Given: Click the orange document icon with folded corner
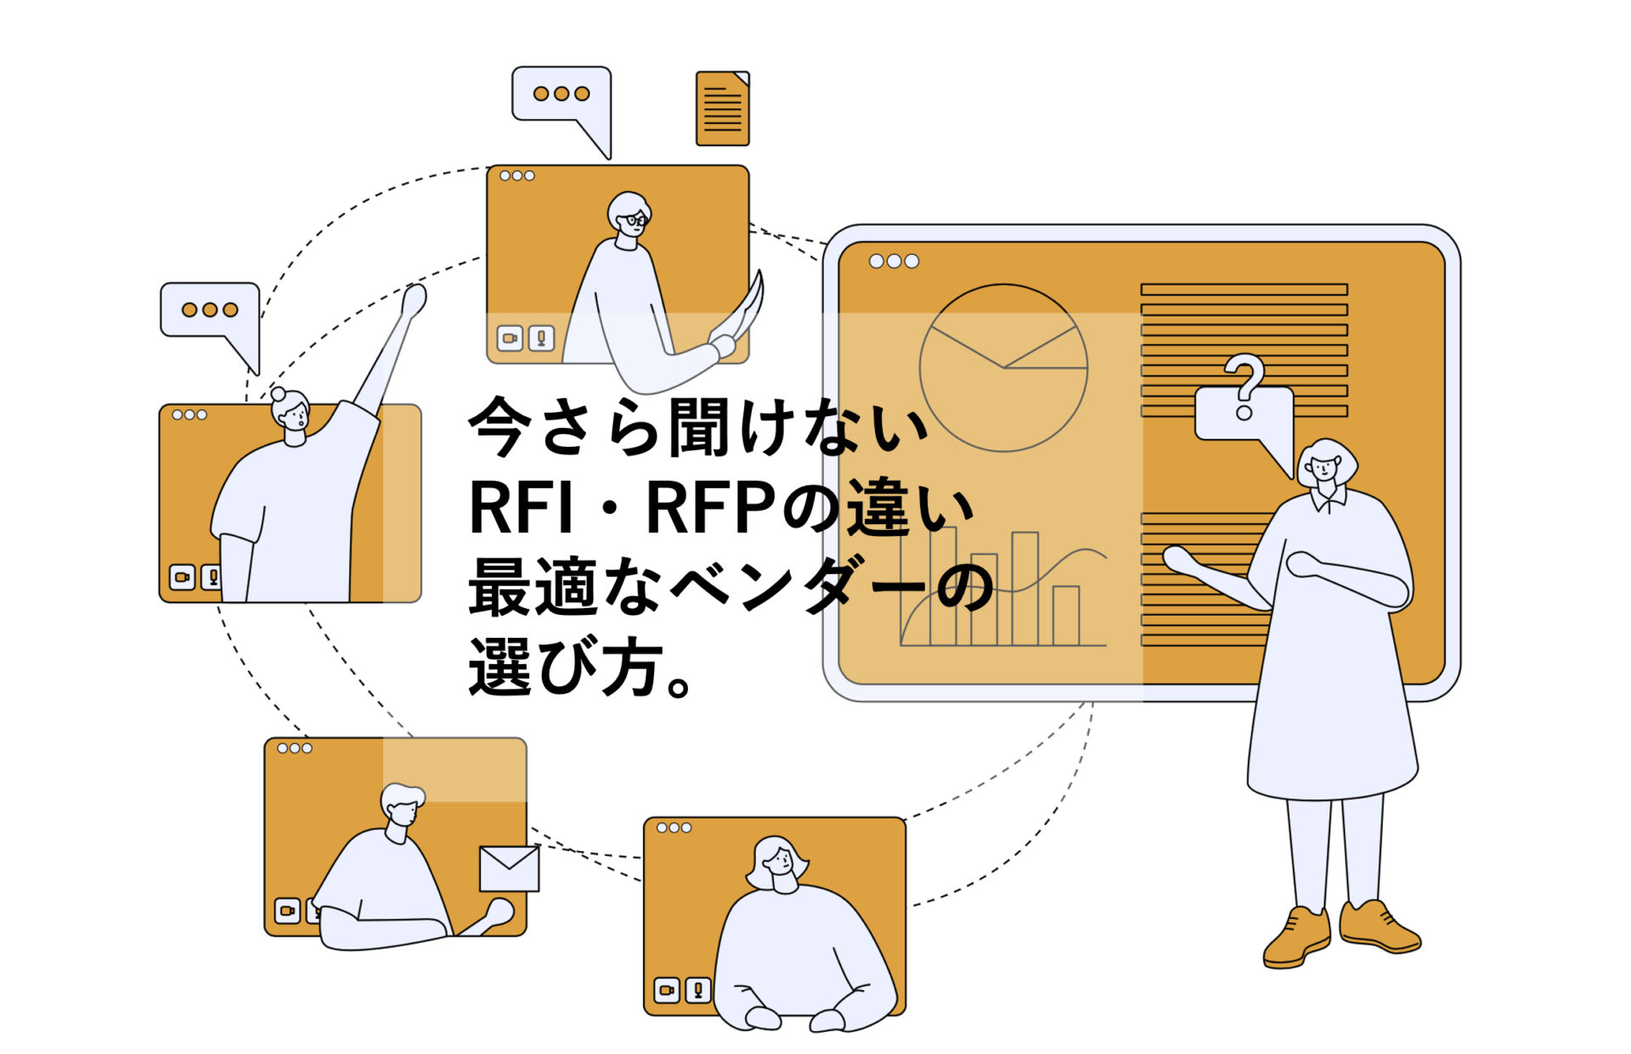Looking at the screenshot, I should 722,109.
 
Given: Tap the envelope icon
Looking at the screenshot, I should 509,868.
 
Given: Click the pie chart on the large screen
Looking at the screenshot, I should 1003,368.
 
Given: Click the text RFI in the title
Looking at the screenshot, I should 521,508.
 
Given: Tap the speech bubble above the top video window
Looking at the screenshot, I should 562,98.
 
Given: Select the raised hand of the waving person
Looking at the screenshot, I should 414,301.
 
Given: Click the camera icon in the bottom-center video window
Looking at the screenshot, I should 667,989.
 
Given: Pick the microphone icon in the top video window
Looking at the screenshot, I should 541,338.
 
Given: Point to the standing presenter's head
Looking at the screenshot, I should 1326,463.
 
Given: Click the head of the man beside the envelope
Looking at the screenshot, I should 401,805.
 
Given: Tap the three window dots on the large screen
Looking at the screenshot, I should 894,262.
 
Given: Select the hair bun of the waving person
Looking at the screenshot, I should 278,394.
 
